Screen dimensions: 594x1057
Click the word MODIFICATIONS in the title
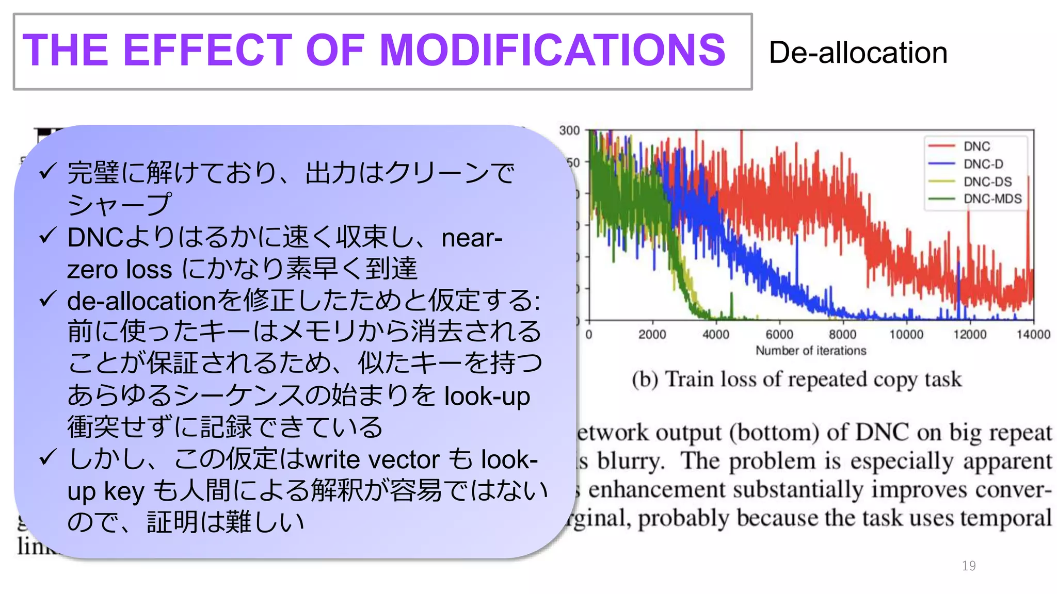[x=552, y=50]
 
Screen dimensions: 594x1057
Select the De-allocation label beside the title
[x=858, y=53]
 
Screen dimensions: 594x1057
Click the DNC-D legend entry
[x=983, y=164]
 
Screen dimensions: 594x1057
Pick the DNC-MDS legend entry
[x=992, y=199]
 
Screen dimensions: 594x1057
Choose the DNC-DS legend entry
[x=987, y=181]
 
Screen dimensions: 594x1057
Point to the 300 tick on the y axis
[x=569, y=130]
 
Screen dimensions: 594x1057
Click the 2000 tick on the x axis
[x=652, y=335]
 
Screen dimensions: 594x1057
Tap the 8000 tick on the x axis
[x=842, y=335]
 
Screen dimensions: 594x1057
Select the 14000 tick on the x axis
[x=1033, y=335]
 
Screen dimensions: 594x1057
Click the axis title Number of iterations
[x=811, y=351]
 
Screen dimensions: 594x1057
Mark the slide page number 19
[x=969, y=566]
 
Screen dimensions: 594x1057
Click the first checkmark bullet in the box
[x=47, y=171]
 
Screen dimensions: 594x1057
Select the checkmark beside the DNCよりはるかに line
[x=47, y=237]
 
